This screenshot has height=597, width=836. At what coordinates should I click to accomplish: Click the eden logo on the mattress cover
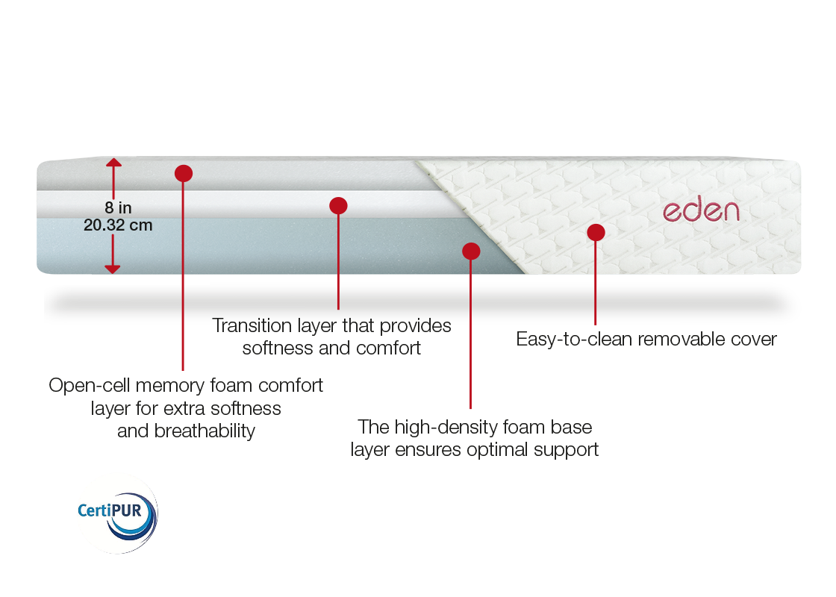point(701,210)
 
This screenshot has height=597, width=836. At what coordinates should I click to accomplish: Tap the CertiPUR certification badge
point(117,514)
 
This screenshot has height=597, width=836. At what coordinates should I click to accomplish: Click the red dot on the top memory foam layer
point(184,173)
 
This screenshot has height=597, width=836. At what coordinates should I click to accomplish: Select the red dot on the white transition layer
point(338,206)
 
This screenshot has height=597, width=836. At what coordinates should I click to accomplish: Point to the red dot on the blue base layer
point(471,251)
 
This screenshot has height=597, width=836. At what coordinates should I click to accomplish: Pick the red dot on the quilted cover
point(596,232)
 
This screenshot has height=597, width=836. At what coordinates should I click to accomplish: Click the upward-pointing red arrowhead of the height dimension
point(113,163)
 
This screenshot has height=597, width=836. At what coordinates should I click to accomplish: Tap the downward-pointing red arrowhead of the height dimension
point(113,269)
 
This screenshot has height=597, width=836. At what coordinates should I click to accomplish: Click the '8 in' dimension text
point(118,207)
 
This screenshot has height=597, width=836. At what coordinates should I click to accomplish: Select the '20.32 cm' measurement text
point(118,225)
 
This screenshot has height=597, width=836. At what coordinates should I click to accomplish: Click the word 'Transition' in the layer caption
point(252,325)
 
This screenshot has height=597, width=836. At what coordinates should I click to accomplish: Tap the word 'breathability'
point(205,431)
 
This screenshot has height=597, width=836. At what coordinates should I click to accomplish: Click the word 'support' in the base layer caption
point(567,451)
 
